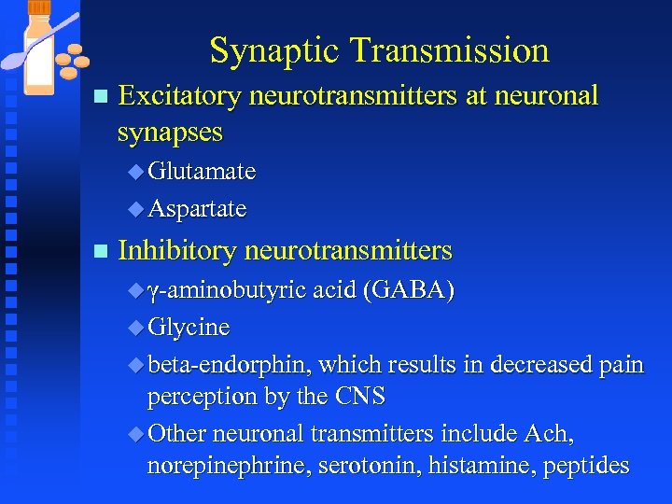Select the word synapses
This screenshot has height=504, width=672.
pyautogui.click(x=170, y=132)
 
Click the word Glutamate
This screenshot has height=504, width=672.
pyautogui.click(x=201, y=172)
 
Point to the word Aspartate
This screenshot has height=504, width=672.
pyautogui.click(x=197, y=209)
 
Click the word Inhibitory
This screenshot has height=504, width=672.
pyautogui.click(x=176, y=251)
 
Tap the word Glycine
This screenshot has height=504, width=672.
pyautogui.click(x=189, y=328)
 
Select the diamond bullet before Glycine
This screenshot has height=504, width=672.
pyautogui.click(x=136, y=329)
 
